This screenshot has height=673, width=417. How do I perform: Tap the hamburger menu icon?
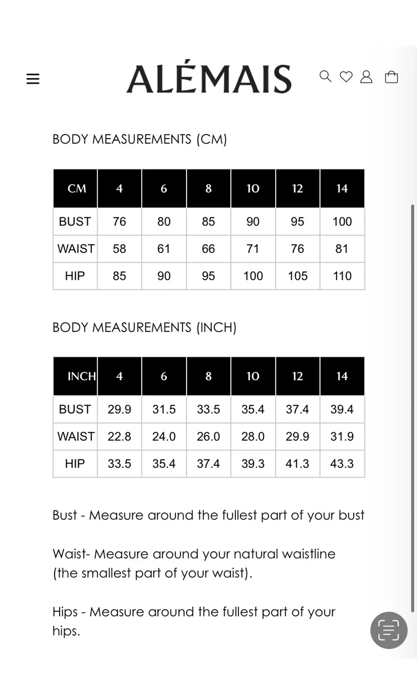point(33,79)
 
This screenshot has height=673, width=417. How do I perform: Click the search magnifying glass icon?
point(325,76)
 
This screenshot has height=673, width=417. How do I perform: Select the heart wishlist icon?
point(346,77)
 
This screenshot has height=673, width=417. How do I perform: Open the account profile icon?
point(366,77)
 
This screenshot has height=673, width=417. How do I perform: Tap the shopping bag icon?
point(391,77)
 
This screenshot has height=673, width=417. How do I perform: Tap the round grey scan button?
point(388,630)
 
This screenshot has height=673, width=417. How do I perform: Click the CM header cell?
point(76,188)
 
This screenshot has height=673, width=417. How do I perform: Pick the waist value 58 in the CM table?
point(119,249)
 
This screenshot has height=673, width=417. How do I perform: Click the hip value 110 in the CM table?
point(342,276)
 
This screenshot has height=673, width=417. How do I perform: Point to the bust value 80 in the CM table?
point(164,222)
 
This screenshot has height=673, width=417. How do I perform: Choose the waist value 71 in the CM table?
point(253,249)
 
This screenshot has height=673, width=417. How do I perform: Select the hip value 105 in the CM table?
point(297,276)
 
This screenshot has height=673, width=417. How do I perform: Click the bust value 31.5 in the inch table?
point(164,409)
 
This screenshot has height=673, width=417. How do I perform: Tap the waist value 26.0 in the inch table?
point(208,436)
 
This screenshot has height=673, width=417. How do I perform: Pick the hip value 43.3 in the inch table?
point(342,463)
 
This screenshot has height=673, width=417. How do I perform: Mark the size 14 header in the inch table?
point(342,376)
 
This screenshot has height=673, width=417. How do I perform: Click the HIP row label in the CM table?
point(75,276)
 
